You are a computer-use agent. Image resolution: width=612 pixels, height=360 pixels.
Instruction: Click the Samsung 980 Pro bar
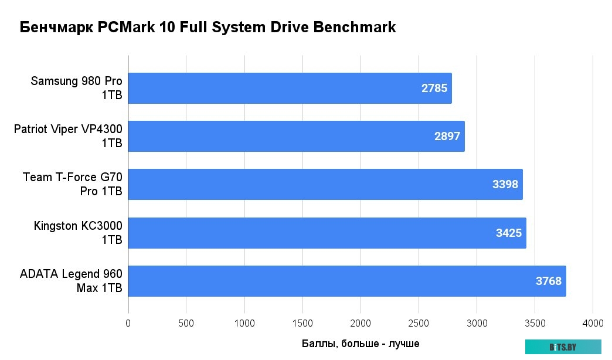290,89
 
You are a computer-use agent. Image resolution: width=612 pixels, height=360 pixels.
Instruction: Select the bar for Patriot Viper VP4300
296,137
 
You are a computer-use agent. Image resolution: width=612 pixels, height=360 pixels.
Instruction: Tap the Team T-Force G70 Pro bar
325,185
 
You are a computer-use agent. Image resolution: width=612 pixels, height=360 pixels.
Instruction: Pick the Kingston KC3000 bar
327,233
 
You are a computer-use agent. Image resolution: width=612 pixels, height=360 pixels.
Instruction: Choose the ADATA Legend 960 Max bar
346,281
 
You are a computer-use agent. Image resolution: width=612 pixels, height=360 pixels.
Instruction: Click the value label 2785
434,89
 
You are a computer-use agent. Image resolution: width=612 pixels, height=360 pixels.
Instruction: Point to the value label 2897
447,137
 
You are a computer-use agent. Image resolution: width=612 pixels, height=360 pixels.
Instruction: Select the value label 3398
505,185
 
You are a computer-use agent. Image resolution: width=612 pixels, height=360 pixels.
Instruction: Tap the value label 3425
509,233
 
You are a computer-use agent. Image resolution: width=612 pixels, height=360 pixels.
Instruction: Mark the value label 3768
549,281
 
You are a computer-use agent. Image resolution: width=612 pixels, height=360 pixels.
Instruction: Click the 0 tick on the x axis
128,323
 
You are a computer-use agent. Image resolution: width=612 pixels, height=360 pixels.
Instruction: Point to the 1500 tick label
302,323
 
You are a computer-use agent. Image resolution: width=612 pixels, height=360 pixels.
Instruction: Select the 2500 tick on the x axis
419,323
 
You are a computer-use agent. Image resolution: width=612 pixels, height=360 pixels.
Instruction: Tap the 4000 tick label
593,323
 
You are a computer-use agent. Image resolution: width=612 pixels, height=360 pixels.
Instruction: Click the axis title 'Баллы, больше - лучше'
361,344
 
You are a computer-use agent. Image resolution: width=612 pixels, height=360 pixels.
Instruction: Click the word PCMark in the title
124,28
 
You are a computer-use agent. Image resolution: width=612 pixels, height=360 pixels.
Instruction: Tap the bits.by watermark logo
563,347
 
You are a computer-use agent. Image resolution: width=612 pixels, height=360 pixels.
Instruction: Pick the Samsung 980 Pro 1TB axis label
76,89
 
